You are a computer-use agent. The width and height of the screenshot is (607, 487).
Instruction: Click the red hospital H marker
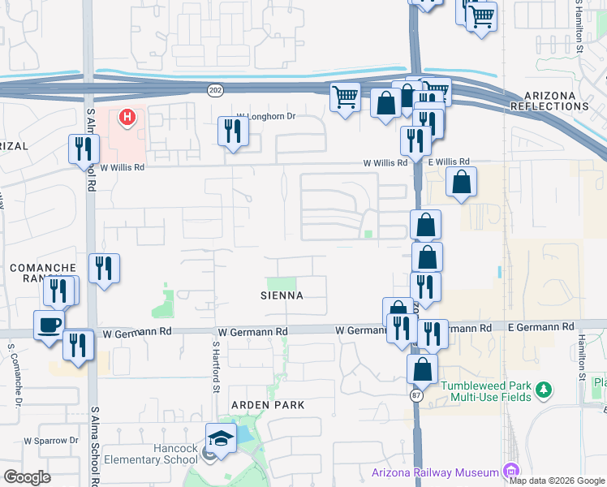[127, 119]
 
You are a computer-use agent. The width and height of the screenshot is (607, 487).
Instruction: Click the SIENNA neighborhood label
[282, 296]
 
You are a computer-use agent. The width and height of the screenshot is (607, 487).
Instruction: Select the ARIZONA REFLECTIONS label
[554, 101]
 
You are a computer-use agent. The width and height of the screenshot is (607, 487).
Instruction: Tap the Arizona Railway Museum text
[435, 472]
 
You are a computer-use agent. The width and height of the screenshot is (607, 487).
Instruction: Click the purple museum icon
[510, 472]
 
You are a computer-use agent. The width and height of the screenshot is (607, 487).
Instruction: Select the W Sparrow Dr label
[51, 441]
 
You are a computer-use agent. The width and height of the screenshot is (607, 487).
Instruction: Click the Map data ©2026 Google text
[557, 481]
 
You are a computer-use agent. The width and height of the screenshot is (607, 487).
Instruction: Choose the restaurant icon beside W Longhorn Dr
[233, 131]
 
